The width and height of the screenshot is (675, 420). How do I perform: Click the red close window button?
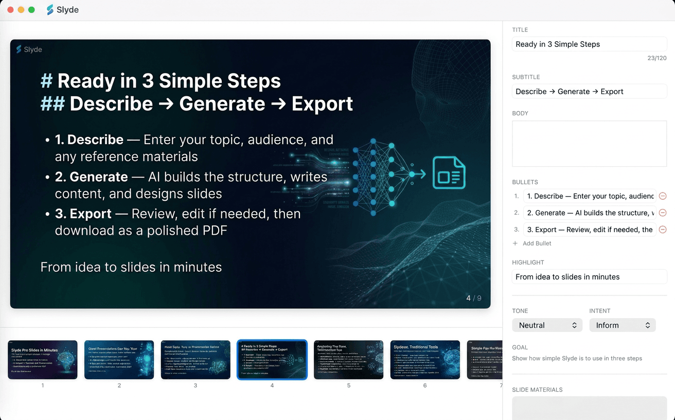(10, 10)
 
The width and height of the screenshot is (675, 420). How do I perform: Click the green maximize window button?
(31, 10)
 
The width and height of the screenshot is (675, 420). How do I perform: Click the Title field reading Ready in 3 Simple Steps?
(589, 44)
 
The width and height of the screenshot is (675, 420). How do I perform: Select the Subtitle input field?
(589, 92)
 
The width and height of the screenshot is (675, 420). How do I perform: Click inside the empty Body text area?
(589, 144)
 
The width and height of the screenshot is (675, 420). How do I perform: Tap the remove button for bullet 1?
(663, 196)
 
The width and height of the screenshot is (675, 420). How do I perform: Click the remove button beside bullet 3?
(663, 230)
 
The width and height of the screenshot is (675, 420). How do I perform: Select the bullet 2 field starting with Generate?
(589, 213)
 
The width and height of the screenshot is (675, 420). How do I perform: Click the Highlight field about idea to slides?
(589, 277)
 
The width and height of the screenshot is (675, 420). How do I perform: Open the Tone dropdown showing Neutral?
(547, 325)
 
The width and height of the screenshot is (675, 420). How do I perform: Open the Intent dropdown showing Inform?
(622, 325)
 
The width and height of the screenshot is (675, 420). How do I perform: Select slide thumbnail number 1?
(43, 360)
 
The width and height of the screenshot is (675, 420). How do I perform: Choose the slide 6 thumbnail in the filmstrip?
(425, 360)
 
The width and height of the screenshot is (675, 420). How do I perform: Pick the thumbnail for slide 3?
(196, 360)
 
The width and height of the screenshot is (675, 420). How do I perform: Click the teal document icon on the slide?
(449, 173)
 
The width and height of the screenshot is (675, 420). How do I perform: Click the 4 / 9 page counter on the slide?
(473, 298)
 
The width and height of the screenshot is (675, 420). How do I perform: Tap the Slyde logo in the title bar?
(50, 10)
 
